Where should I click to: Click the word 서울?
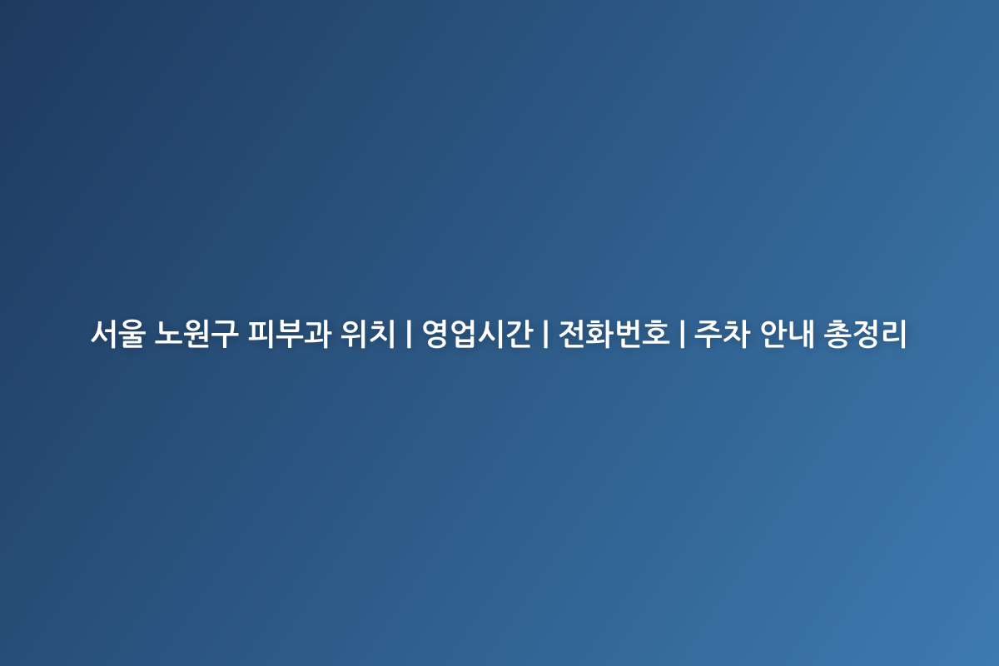(118, 334)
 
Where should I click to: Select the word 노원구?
(196, 334)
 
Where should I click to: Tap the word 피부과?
(289, 334)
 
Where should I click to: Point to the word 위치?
(368, 334)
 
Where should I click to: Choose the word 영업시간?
(477, 334)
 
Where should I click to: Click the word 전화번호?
(614, 334)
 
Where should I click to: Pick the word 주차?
(722, 334)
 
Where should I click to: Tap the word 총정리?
(865, 334)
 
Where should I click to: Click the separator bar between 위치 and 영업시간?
(409, 334)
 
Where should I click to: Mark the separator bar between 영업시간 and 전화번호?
(545, 334)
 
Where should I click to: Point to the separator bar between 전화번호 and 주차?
(682, 334)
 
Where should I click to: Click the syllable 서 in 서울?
(104, 334)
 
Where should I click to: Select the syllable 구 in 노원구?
(224, 334)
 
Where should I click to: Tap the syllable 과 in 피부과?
(317, 334)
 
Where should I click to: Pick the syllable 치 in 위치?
(382, 334)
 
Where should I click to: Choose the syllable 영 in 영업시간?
(435, 334)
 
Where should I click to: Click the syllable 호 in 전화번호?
(656, 334)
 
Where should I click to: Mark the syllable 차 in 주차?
(736, 334)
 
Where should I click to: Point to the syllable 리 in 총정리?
(893, 334)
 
